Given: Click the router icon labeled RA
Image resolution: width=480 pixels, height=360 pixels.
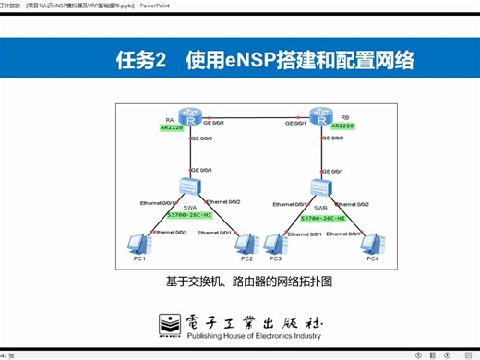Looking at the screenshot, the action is [189, 117].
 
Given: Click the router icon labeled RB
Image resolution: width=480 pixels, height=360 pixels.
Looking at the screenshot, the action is [320, 116].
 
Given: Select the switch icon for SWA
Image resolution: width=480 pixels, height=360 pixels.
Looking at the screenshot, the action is [189, 190].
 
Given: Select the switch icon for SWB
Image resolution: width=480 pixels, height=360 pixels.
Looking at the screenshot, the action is [321, 190].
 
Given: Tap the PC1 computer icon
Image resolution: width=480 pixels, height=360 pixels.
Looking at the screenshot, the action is [138, 244].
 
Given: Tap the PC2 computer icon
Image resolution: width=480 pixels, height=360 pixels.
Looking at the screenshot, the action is [245, 244].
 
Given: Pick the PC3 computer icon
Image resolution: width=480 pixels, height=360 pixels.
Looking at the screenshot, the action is [273, 244].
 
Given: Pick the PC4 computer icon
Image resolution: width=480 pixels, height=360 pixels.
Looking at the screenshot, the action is [371, 244].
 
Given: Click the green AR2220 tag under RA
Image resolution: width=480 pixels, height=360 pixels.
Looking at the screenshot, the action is [172, 128].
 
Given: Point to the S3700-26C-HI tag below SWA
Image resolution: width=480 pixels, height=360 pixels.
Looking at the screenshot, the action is [188, 217].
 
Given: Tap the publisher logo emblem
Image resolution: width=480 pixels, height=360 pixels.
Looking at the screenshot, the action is [170, 324].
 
